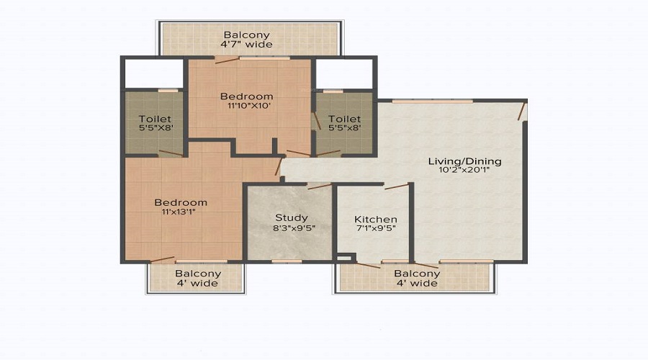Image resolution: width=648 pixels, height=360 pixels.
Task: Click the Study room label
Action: tap(292, 217)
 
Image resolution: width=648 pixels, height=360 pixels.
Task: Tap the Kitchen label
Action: tap(376, 219)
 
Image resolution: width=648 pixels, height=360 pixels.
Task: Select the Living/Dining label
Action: tap(465, 161)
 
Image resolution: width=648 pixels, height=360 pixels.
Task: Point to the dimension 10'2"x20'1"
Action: tap(465, 170)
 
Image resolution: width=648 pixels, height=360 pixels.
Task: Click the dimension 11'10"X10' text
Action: tap(249, 105)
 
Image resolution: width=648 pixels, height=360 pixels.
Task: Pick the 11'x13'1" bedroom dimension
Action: tap(179, 212)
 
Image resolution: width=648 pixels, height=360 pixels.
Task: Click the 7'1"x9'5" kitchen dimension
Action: tap(376, 228)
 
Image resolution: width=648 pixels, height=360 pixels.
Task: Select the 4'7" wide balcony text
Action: tap(246, 44)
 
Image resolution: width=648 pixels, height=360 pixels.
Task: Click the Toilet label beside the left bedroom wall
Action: tap(155, 119)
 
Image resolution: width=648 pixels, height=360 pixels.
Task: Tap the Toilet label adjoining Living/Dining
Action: tap(345, 119)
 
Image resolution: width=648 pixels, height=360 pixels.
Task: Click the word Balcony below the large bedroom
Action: tap(198, 274)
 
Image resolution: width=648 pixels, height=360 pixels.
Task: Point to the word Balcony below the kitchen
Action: tap(417, 274)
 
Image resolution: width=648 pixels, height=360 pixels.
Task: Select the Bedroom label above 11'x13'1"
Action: tap(181, 202)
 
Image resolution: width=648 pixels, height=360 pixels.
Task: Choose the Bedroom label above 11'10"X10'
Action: tap(247, 96)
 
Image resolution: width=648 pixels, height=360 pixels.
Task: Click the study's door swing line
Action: tap(320, 186)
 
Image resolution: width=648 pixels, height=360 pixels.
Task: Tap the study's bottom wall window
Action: tap(287, 261)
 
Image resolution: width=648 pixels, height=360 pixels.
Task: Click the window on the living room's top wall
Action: tap(432, 101)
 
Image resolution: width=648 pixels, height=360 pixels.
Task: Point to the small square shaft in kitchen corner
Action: tap(343, 258)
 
